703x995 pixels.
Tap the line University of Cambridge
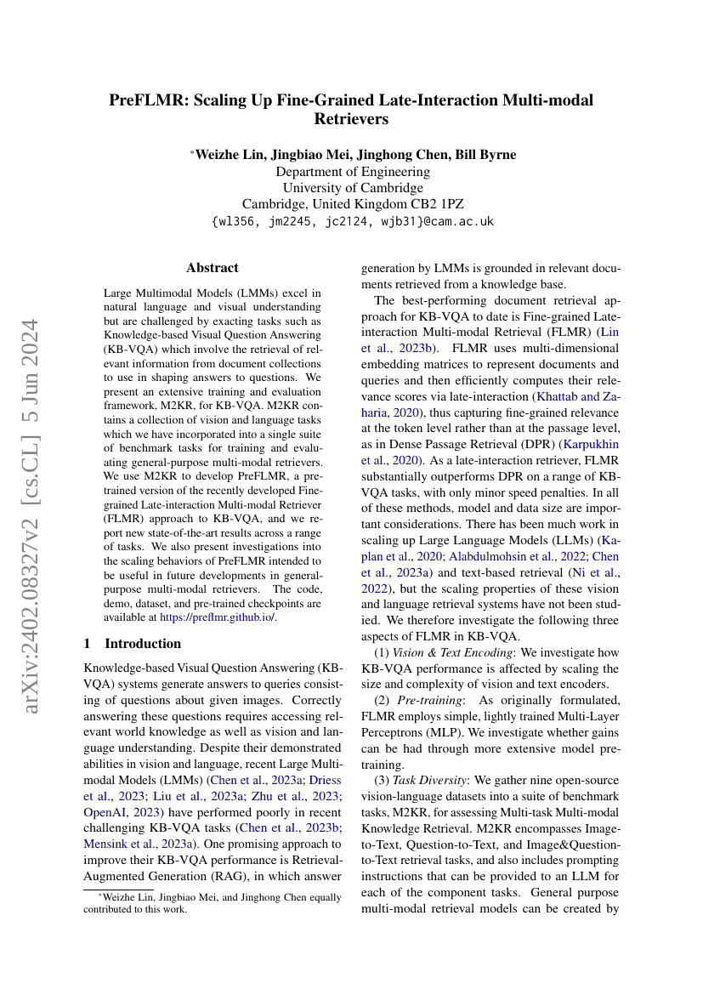(352, 188)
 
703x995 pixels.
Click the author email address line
(352, 221)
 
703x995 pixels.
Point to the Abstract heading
(213, 268)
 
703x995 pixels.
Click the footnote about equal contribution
(213, 902)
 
